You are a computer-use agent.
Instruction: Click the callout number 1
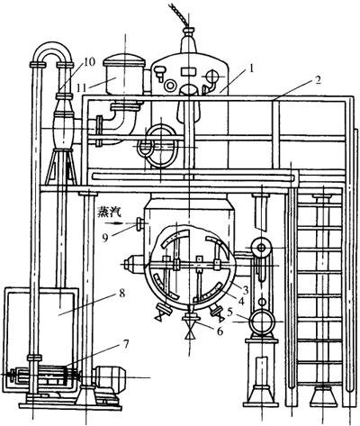pos(250,68)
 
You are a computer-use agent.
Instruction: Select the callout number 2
pos(317,80)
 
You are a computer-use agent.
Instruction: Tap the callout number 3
pos(246,290)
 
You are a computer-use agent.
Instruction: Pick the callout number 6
pos(220,331)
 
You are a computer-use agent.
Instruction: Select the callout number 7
pos(126,343)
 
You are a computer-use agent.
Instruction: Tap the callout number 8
pos(121,293)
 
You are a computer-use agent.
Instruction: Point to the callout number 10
pos(89,62)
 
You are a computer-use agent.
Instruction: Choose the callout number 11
pos(81,88)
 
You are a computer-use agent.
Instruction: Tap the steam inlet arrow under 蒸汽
pos(114,223)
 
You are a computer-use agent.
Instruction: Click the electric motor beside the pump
pos(109,377)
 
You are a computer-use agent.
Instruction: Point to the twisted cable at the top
pos(179,14)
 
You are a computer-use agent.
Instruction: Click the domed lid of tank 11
pos(124,60)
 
